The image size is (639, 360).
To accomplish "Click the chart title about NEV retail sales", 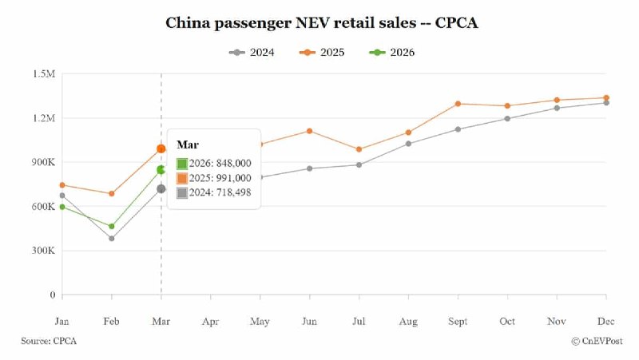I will click(x=321, y=22).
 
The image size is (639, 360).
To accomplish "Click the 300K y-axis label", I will click(x=42, y=251).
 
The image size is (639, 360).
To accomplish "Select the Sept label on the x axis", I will click(x=458, y=322).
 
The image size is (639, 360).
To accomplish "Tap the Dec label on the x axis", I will click(x=606, y=322).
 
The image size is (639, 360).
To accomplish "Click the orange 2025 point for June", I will click(x=310, y=131).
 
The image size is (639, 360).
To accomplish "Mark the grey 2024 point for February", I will click(x=112, y=239).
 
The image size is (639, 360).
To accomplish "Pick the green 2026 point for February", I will click(x=112, y=227).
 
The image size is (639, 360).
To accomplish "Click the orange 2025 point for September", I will click(x=458, y=104).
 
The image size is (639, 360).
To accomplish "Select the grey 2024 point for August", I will click(x=408, y=144).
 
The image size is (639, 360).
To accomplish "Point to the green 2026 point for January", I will click(x=62, y=207).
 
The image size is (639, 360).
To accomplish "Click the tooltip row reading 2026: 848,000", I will click(x=213, y=163).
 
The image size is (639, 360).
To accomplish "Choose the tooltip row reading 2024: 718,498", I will click(x=213, y=192).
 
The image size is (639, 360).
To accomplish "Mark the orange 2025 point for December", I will click(x=606, y=98).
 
